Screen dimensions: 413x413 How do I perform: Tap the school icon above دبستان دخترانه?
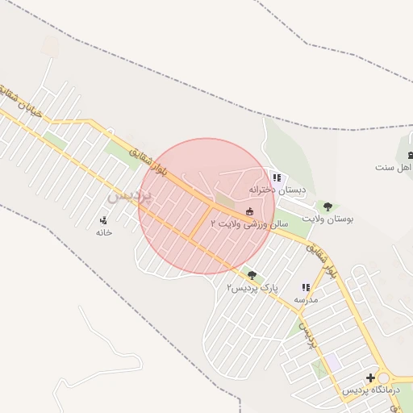pyautogui.click(x=277, y=177)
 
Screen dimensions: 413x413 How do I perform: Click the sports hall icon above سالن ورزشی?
pyautogui.click(x=249, y=211)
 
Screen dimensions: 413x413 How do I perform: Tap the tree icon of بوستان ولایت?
pyautogui.click(x=326, y=206)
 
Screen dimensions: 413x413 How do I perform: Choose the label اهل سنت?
pyautogui.click(x=394, y=167)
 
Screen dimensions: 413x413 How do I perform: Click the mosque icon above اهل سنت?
pyautogui.click(x=410, y=155)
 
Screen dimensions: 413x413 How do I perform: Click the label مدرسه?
pyautogui.click(x=306, y=299)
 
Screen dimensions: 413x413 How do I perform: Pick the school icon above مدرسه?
pyautogui.click(x=306, y=287)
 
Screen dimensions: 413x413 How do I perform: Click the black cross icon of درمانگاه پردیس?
pyautogui.click(x=370, y=378)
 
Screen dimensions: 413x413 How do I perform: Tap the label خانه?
pyautogui.click(x=103, y=232)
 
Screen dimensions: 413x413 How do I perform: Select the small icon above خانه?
pyautogui.click(x=103, y=220)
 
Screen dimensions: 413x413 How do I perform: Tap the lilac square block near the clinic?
pyautogui.click(x=332, y=364)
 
